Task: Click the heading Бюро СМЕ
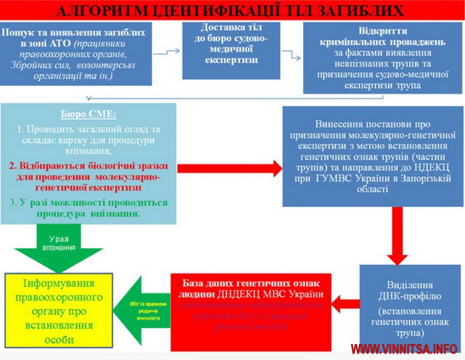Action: [x=88, y=114]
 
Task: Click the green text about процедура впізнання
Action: [x=88, y=208]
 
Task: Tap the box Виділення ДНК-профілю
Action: [x=402, y=306]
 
